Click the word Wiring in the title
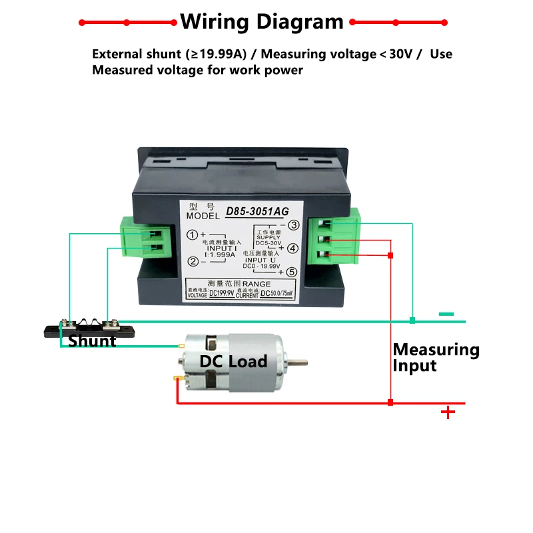(x=211, y=22)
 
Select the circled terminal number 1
(x=191, y=235)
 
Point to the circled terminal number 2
(x=191, y=261)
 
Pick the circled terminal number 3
(x=292, y=225)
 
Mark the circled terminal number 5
(x=292, y=272)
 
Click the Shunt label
(x=92, y=341)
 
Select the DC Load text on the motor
(x=233, y=362)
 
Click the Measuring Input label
(x=436, y=357)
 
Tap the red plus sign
(x=448, y=412)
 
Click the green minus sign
(x=446, y=314)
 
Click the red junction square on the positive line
(x=390, y=402)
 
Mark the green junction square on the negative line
(x=412, y=321)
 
